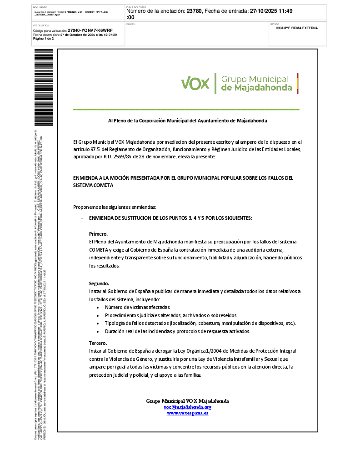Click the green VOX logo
coord(195,83)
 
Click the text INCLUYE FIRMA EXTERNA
coord(297,28)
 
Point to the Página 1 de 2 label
coord(44,39)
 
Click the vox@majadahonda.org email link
coord(187,407)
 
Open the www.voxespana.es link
coord(187,413)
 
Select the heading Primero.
coord(98,233)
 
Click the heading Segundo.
coord(99,283)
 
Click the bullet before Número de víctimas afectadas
coord(99,307)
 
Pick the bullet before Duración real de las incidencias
coord(99,332)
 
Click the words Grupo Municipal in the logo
coord(255,79)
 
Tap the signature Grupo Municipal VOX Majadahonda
coord(187,401)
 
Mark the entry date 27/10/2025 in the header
coord(265,11)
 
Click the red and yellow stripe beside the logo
coord(297,83)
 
